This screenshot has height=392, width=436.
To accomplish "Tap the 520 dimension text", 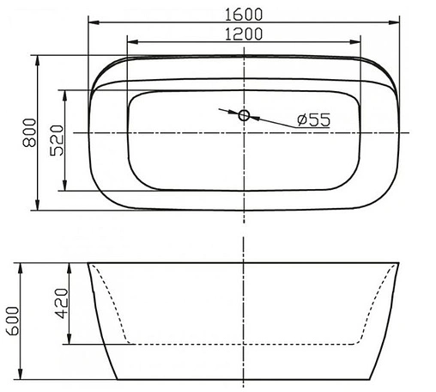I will click(57, 138).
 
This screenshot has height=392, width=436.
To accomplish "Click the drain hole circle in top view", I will click(244, 114).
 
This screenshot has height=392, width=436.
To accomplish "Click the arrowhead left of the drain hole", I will click(233, 112).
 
